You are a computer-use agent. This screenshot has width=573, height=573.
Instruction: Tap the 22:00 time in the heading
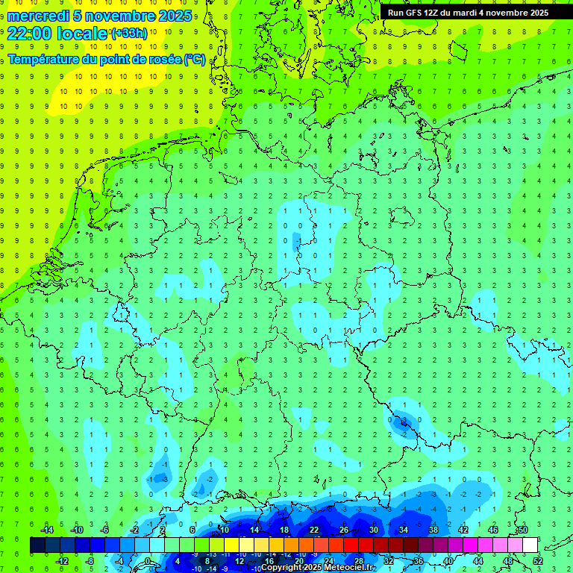click(x=27, y=33)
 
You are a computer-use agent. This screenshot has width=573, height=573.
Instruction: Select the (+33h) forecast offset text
click(x=129, y=33)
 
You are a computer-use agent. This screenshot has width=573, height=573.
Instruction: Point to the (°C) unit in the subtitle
click(x=195, y=59)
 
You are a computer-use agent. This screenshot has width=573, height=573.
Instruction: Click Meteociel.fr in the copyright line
click(x=349, y=568)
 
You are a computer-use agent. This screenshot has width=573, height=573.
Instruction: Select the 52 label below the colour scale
click(x=538, y=561)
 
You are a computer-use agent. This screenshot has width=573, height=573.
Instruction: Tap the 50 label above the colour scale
click(x=523, y=530)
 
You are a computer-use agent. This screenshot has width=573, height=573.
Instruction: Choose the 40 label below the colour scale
click(x=448, y=561)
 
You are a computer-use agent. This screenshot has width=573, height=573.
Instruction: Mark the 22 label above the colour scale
click(x=314, y=530)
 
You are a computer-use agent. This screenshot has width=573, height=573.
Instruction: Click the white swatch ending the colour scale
click(x=530, y=545)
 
